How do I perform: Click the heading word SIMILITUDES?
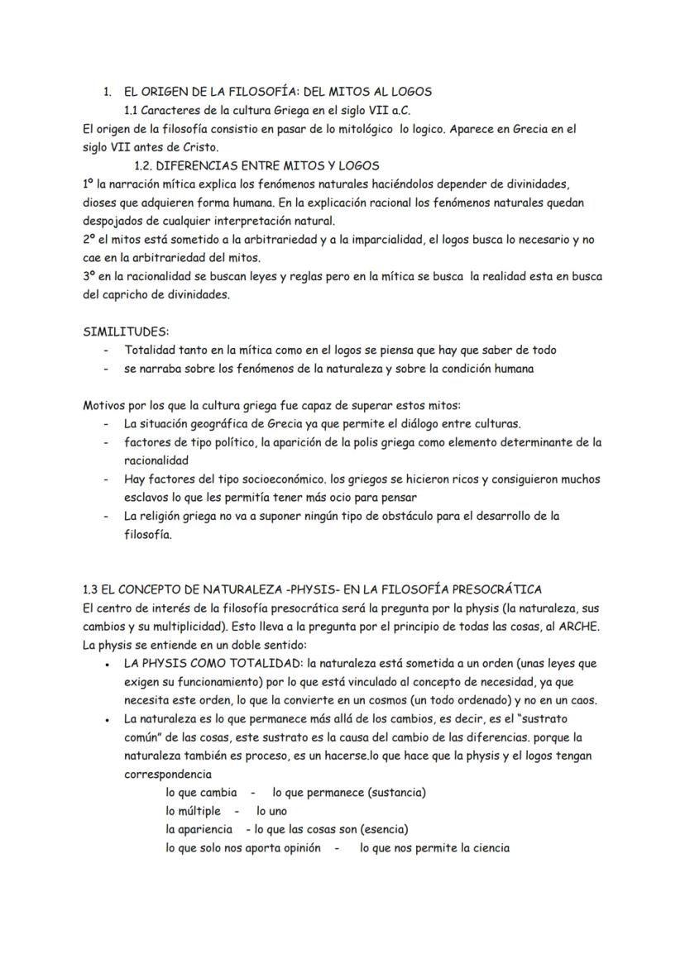(x=126, y=331)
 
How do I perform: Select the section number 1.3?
(x=92, y=589)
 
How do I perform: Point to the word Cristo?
(x=196, y=147)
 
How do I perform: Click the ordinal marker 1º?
(x=90, y=184)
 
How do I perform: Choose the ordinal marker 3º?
(x=90, y=276)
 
